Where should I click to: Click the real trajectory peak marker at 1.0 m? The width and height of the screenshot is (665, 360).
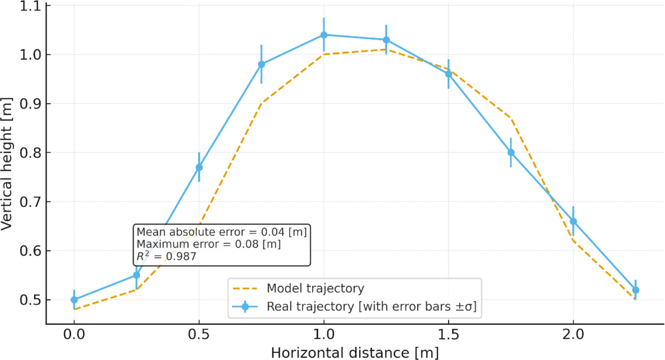[324, 35]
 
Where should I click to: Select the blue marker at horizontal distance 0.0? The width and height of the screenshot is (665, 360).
[74, 300]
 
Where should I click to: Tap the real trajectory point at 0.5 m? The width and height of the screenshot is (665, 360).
[199, 167]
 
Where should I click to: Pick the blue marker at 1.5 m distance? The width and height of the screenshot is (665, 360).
[448, 74]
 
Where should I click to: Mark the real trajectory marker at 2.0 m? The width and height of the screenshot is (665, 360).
[573, 221]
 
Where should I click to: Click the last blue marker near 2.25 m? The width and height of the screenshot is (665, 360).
[635, 290]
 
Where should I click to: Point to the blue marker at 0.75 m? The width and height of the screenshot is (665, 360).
[261, 64]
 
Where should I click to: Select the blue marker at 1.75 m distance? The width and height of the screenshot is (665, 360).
[511, 152]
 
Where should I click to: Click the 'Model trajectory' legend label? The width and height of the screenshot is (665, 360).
[315, 288]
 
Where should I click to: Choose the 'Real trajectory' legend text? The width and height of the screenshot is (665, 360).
[371, 306]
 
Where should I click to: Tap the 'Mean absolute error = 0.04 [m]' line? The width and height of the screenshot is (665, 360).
[222, 232]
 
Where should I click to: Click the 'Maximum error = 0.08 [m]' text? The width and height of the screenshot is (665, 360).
[209, 244]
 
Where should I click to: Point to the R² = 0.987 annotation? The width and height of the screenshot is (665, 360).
[166, 256]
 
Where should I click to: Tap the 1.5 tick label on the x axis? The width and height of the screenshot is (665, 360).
[448, 334]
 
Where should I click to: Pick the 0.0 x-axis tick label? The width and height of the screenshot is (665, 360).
[74, 334]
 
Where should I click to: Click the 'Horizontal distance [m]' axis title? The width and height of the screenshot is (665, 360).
[355, 353]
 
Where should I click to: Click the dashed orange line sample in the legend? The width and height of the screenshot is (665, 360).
[245, 289]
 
